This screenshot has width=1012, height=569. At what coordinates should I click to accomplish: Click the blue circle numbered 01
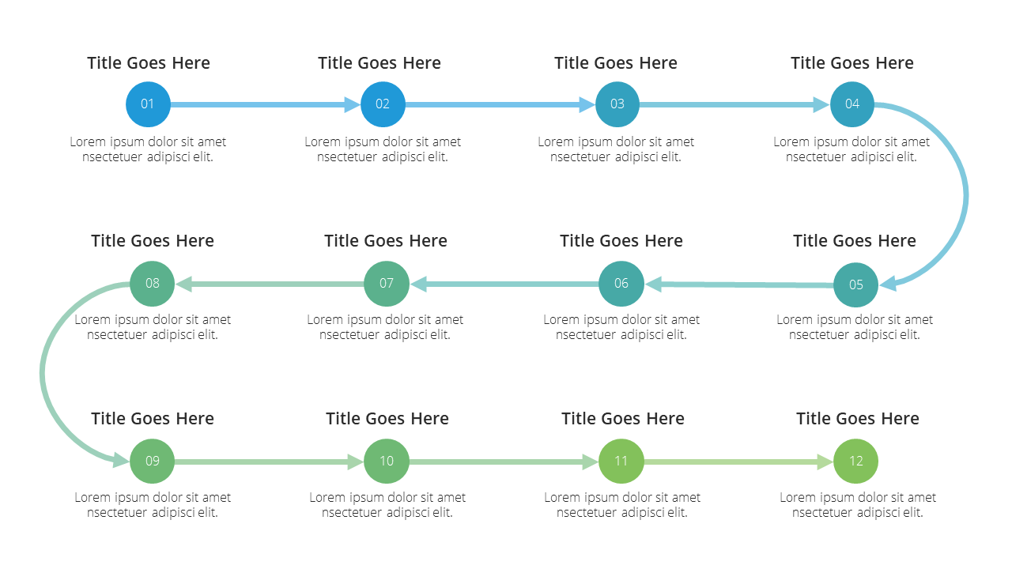(148, 104)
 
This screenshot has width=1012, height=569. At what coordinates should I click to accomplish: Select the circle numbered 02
(383, 104)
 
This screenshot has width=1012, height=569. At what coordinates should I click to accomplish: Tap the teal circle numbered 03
(617, 104)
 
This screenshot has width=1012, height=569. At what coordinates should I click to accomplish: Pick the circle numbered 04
(852, 104)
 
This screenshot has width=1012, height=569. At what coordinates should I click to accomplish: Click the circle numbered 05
(855, 285)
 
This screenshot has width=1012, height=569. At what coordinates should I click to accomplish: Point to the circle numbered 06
(621, 284)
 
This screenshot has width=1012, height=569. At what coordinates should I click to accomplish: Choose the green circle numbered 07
(387, 284)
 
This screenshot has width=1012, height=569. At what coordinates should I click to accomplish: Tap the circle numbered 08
(153, 284)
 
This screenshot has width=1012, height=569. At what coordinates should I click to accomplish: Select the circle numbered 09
(153, 461)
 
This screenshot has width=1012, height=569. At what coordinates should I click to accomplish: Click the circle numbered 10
(387, 461)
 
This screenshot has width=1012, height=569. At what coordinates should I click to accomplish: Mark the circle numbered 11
(621, 461)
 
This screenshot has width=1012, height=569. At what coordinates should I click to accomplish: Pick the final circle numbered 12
(855, 461)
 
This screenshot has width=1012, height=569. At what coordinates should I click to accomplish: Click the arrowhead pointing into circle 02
(353, 105)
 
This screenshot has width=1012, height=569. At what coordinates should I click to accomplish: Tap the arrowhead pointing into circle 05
(888, 284)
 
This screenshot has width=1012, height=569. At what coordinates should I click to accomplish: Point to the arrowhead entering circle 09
(121, 460)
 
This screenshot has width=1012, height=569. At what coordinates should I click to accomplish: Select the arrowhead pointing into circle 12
(825, 462)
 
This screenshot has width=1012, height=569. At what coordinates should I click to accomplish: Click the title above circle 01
(149, 62)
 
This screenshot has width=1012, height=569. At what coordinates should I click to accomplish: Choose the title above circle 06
(621, 241)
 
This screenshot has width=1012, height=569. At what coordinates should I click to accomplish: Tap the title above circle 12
(858, 419)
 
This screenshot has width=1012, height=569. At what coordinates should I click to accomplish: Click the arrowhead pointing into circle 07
(418, 284)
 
